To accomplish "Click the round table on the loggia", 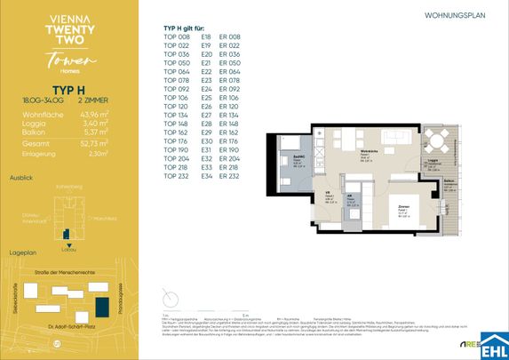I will coord(435,138).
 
